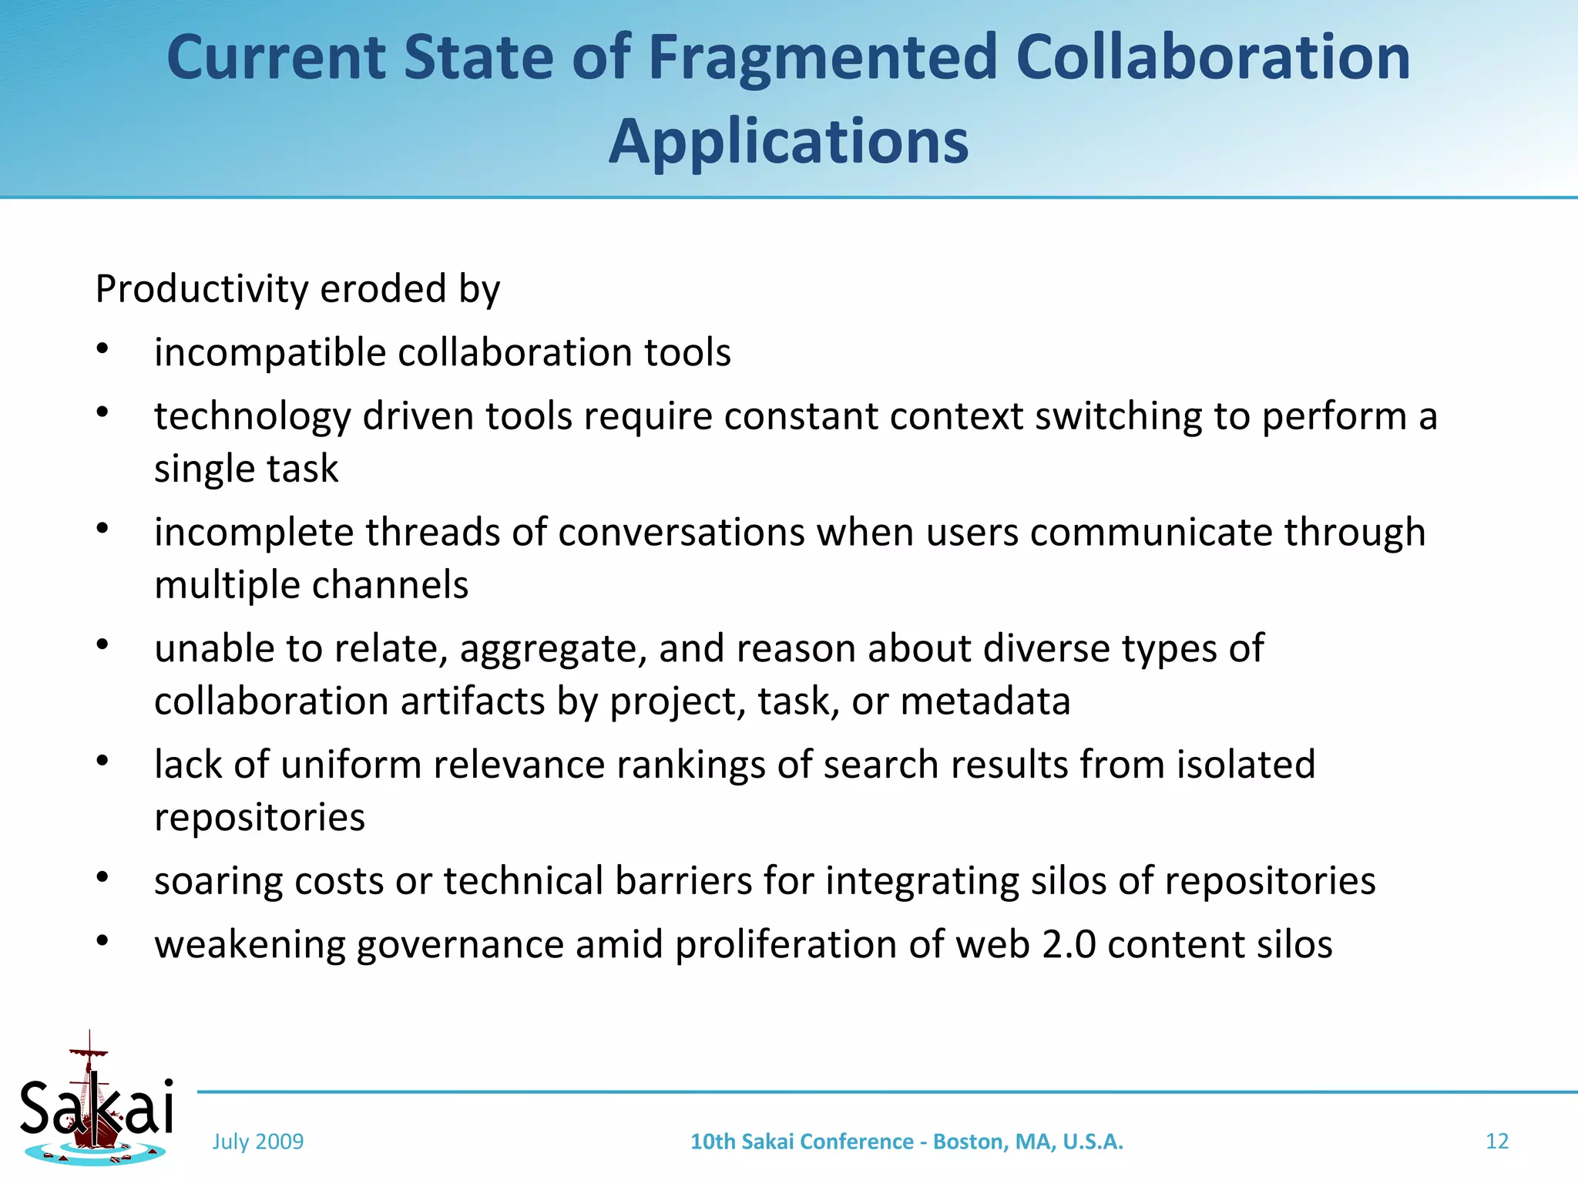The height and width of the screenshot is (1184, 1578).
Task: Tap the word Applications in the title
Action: pyautogui.click(x=788, y=142)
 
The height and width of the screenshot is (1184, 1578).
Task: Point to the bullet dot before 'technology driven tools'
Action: pyautogui.click(x=102, y=412)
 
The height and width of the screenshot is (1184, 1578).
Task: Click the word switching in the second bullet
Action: pyautogui.click(x=1118, y=417)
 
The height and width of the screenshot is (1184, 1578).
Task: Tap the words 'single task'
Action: pyautogui.click(x=246, y=469)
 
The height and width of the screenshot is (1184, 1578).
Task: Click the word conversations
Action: pyautogui.click(x=681, y=533)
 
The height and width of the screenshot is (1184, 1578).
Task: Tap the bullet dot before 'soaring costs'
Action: pyautogui.click(x=102, y=877)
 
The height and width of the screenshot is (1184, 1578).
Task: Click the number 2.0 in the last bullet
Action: pyautogui.click(x=1069, y=945)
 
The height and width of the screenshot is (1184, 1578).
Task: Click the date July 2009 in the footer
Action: pyautogui.click(x=258, y=1142)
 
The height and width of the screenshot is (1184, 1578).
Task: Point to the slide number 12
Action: pyautogui.click(x=1496, y=1142)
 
